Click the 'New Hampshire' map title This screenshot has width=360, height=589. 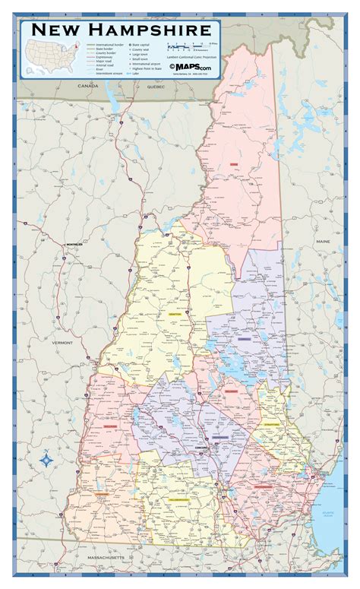pos(122,30)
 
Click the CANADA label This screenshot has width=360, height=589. pos(88,87)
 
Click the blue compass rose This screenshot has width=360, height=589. pos(45,459)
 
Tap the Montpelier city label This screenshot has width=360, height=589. pos(73,244)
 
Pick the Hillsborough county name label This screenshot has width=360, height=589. pos(181,500)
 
